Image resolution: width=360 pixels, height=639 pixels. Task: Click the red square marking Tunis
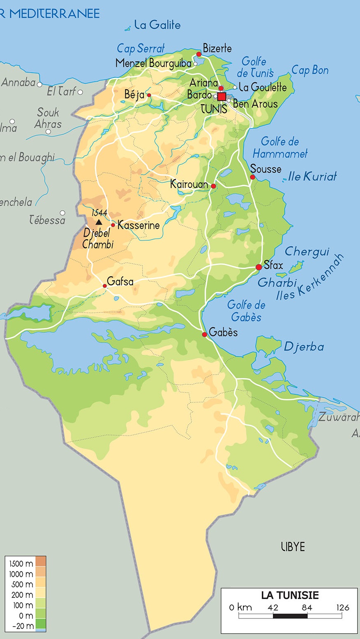click(222, 97)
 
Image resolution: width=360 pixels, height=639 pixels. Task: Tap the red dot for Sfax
click(259, 267)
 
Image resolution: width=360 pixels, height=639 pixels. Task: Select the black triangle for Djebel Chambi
click(99, 222)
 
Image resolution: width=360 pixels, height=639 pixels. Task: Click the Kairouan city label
click(189, 184)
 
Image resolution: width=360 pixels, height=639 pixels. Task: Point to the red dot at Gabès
click(205, 335)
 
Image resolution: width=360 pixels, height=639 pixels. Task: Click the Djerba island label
click(304, 347)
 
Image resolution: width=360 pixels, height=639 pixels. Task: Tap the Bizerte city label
click(217, 48)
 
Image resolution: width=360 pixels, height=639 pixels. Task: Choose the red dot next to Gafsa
click(105, 286)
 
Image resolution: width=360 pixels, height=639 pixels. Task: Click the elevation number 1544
click(99, 213)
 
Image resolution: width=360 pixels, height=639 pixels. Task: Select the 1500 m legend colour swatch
click(41, 561)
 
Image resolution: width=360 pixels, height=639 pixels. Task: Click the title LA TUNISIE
click(290, 595)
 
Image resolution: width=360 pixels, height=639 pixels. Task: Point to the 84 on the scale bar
click(307, 608)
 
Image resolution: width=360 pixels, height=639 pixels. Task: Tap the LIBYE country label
click(293, 547)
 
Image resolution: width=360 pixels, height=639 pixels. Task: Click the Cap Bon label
click(310, 70)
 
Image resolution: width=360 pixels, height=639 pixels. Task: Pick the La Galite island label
click(157, 25)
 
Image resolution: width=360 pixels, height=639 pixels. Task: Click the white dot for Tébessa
click(62, 213)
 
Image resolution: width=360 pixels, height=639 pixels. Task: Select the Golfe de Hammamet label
click(280, 147)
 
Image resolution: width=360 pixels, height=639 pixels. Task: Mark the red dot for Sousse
click(253, 177)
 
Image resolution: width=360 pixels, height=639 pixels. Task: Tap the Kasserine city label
click(138, 225)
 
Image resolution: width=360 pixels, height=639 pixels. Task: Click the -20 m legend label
click(23, 626)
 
